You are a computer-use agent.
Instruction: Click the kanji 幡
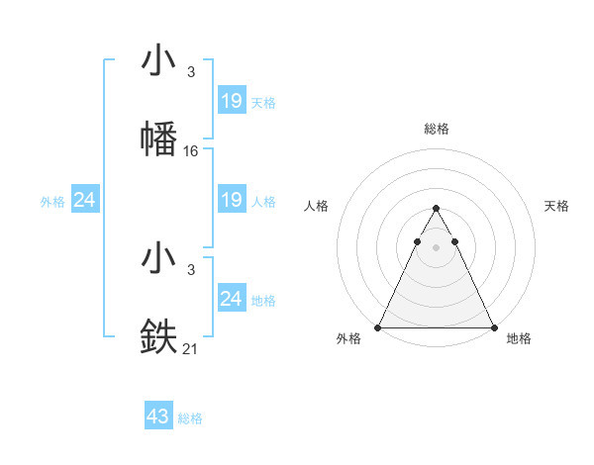tap(159, 139)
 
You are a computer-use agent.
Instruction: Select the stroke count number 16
tap(191, 151)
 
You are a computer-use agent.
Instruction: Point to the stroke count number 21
tap(191, 347)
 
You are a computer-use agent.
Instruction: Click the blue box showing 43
tap(158, 417)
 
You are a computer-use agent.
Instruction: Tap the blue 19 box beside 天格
tap(232, 101)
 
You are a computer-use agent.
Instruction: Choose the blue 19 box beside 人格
tap(232, 200)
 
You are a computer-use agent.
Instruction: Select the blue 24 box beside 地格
tap(232, 298)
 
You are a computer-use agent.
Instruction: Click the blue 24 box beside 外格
tap(85, 200)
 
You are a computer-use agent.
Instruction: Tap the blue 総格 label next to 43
tap(191, 418)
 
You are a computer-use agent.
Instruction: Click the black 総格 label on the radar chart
tap(436, 129)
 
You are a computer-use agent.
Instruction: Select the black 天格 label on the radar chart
tap(556, 206)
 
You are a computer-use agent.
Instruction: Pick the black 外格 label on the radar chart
tap(348, 339)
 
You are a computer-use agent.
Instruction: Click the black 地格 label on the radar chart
tap(519, 339)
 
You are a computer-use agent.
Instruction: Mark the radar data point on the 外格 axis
tap(378, 326)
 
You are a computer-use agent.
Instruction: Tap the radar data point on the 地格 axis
tap(493, 326)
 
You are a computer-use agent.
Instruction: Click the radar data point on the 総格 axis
tap(436, 209)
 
